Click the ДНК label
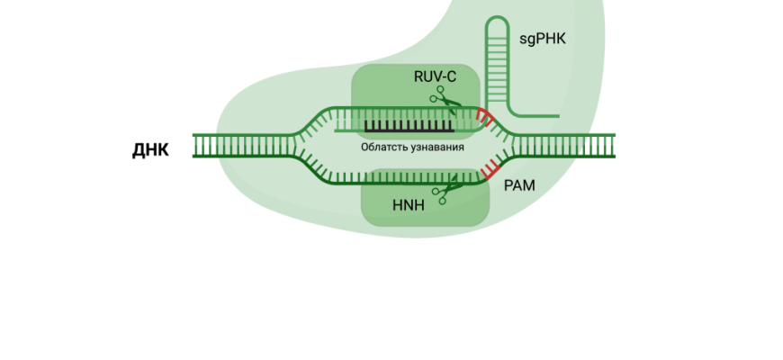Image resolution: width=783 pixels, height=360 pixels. click(x=150, y=149)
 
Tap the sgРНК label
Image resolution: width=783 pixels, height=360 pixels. click(x=543, y=39)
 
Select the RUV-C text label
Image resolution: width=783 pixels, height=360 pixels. click(x=435, y=77)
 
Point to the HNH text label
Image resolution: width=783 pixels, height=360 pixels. click(x=408, y=205)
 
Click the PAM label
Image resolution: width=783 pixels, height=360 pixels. click(x=519, y=186)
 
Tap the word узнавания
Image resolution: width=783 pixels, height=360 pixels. click(x=435, y=147)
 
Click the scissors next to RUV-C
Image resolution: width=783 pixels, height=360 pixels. click(x=443, y=98)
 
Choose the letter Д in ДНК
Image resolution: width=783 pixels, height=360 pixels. click(x=139, y=150)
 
